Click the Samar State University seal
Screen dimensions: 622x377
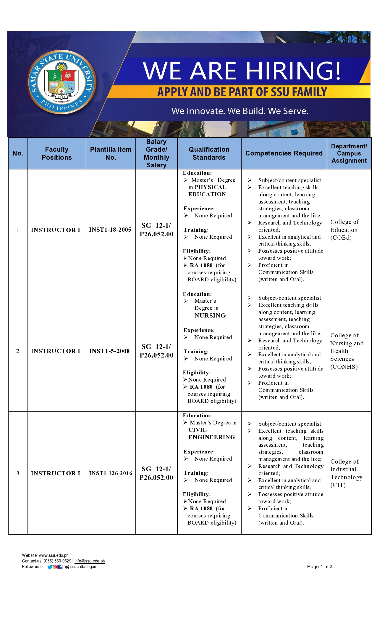tap(62, 82)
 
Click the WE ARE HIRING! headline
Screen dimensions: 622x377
tap(242, 71)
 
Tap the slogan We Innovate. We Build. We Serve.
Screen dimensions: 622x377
tap(240, 111)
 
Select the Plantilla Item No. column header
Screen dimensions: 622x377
tap(111, 153)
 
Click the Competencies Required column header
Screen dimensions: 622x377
tap(284, 153)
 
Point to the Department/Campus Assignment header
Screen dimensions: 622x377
tap(349, 153)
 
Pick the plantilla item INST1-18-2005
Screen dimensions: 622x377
tap(110, 230)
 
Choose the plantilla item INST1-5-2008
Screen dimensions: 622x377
tap(109, 351)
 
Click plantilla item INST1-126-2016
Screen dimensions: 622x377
tap(111, 473)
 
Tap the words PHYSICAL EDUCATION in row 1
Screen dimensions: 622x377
tap(208, 191)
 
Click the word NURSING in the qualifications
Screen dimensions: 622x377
tap(210, 315)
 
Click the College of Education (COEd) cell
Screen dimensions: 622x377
tap(344, 230)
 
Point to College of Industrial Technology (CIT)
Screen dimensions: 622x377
tap(346, 473)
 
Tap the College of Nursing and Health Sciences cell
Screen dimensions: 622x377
tap(347, 351)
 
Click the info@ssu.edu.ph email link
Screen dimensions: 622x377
tap(90, 561)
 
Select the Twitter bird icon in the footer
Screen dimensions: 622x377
tap(50, 567)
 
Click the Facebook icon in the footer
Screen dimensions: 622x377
tap(60, 567)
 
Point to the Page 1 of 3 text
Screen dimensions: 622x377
tap(320, 567)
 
